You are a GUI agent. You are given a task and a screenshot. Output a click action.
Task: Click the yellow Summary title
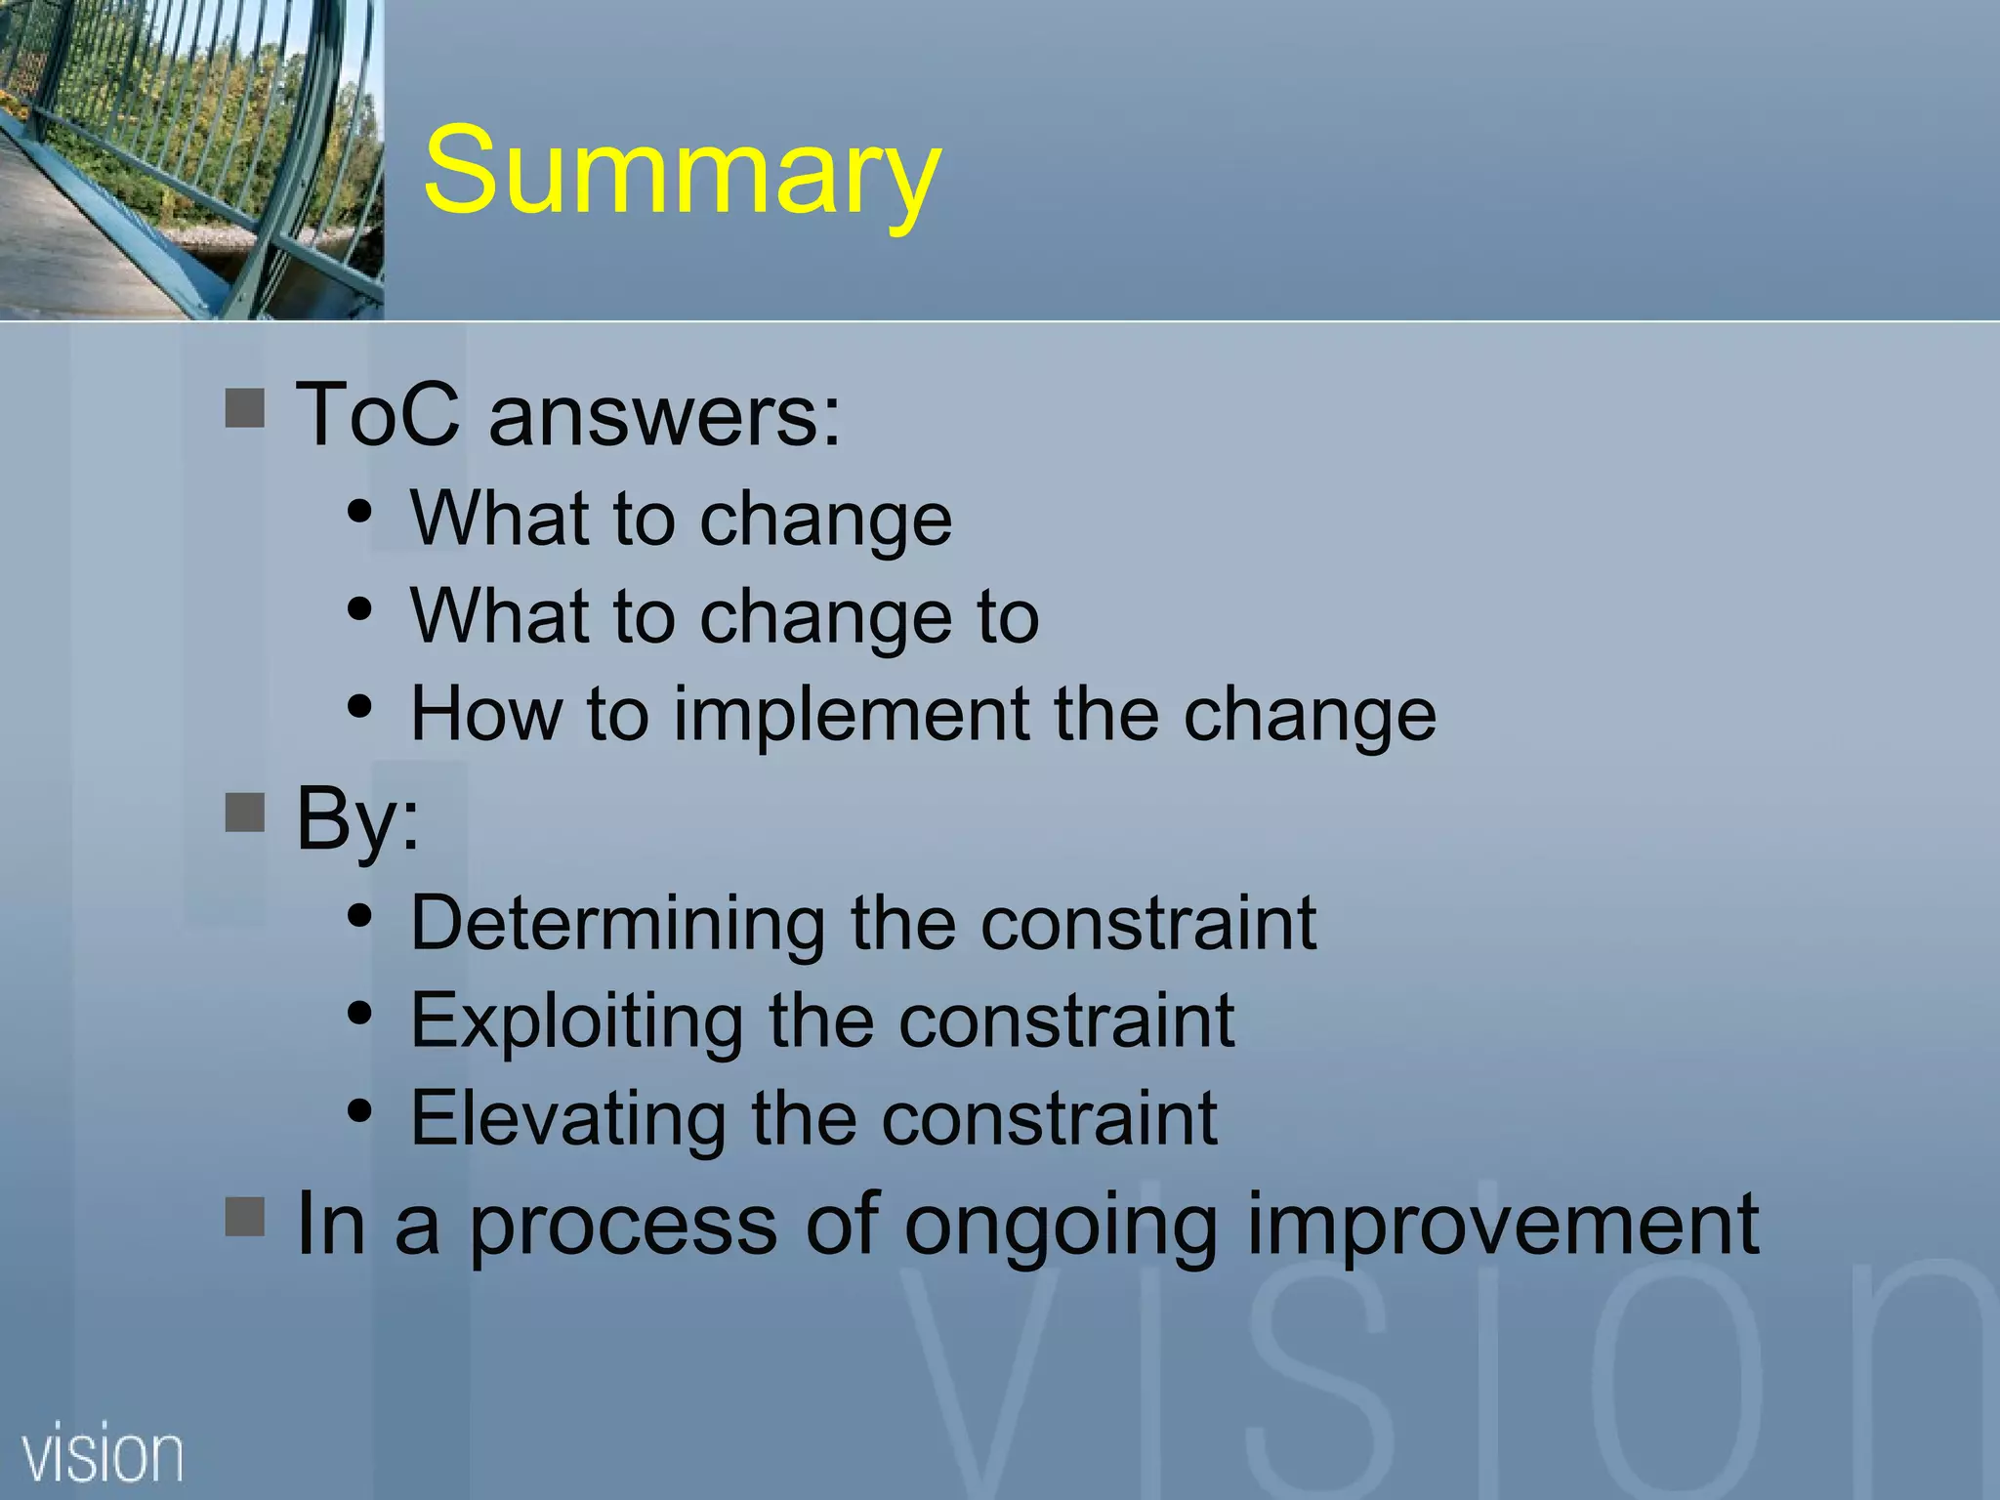(682, 174)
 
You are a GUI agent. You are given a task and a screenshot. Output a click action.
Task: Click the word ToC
(377, 414)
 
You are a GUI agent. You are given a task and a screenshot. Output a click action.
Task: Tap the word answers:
(664, 416)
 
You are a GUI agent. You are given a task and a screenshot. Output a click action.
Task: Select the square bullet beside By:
(244, 812)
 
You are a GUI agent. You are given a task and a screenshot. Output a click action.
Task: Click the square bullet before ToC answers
(244, 408)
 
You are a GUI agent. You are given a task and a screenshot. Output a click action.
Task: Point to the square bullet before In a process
(244, 1217)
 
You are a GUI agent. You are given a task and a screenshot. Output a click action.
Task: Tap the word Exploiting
(576, 1021)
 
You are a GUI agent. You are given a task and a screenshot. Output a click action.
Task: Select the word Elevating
(567, 1118)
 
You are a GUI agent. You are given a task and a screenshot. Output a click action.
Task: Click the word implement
(853, 715)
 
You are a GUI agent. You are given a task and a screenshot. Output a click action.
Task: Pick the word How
(485, 715)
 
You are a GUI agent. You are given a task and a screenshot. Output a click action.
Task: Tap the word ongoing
(1061, 1227)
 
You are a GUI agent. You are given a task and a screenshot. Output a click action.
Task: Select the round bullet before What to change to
(359, 609)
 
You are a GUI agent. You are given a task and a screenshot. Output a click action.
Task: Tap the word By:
(357, 818)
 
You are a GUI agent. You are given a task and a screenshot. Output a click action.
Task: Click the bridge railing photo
(191, 159)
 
